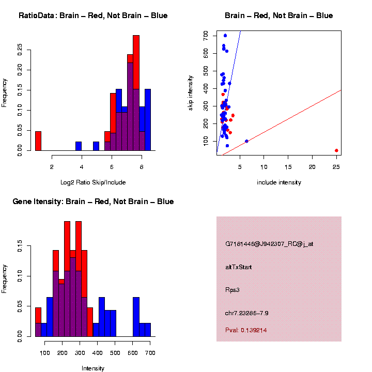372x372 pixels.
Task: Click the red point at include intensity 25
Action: coord(336,150)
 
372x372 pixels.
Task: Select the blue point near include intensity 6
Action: coord(246,141)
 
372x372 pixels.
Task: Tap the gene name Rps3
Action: coord(233,290)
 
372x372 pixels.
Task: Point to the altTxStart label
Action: coord(239,267)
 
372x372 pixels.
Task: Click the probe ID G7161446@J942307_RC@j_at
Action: coord(269,244)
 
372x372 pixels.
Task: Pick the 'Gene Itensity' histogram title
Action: coord(93,202)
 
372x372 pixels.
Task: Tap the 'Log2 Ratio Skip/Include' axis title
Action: coord(93,182)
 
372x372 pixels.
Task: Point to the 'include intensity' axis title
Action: coord(279,182)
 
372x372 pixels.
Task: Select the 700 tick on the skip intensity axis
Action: coord(206,35)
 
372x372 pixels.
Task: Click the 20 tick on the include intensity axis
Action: coord(312,167)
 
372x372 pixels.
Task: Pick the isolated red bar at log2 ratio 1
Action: coord(38,141)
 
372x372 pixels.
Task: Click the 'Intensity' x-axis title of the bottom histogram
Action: coord(93,368)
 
